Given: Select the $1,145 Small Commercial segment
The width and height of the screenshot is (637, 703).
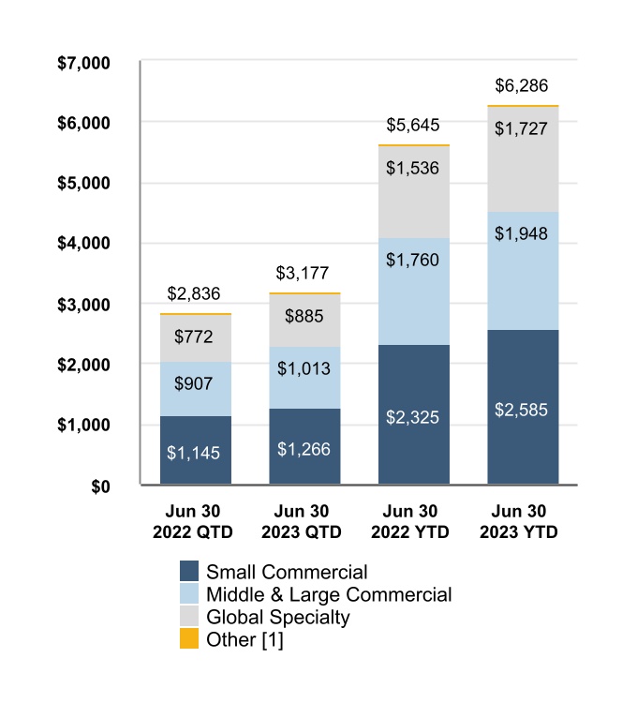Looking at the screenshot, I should click(x=196, y=450).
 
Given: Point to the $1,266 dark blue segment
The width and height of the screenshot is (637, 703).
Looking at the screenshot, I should click(x=304, y=447).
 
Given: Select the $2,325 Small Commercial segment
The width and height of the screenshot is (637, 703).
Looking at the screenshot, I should click(x=414, y=415).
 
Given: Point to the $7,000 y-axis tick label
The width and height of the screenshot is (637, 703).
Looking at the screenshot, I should click(x=84, y=63).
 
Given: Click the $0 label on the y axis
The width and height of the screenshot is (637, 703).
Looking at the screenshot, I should click(x=100, y=486).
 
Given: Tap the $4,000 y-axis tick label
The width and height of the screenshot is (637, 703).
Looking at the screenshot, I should click(x=84, y=244).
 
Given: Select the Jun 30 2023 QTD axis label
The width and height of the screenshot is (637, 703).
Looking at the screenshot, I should click(x=304, y=522).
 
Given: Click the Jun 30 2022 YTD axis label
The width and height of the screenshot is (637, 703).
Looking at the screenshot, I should click(x=414, y=522).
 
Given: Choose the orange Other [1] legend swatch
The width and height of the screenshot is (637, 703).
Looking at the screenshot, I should click(x=188, y=640).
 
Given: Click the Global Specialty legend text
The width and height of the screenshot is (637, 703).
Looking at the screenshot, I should click(x=277, y=618).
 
